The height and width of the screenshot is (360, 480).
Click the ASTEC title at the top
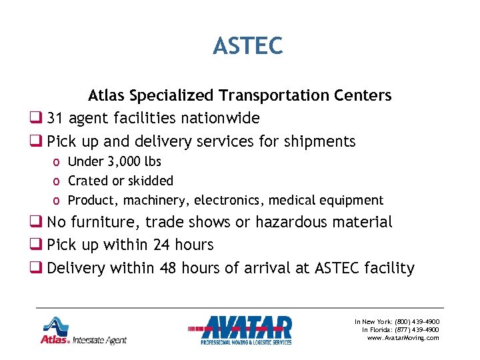point(247,46)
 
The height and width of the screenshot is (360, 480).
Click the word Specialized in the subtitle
point(172,96)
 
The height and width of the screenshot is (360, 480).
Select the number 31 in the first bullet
point(55,119)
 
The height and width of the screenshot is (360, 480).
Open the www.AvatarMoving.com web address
point(403,338)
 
